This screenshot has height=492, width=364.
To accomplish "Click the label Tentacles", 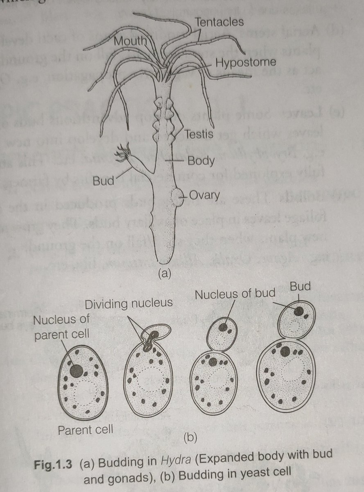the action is coord(219,22).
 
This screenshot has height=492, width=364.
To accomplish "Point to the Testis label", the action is coord(198,134).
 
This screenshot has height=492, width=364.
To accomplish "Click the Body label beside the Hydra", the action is coord(201,161).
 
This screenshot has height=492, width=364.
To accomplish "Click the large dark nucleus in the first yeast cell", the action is coord(76,370).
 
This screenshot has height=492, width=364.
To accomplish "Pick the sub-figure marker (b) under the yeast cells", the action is coord(190,437).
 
